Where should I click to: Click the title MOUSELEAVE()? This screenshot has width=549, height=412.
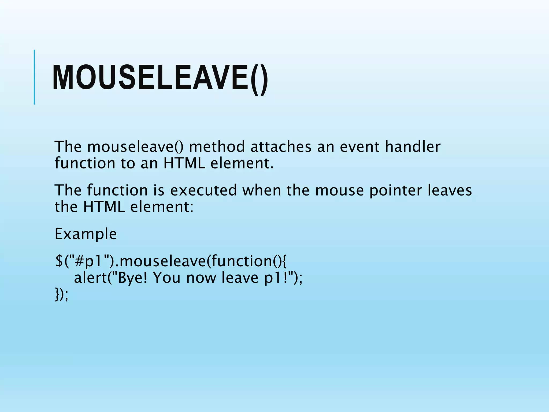coord(160,78)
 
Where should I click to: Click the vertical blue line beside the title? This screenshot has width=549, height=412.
coord(34,77)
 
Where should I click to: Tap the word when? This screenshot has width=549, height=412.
coord(262,190)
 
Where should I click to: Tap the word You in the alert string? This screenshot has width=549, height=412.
coord(166,278)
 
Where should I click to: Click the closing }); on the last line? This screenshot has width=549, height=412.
coord(62,294)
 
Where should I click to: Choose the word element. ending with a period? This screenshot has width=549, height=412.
coord(242,163)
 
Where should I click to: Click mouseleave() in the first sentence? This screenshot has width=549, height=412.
coord(135,147)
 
